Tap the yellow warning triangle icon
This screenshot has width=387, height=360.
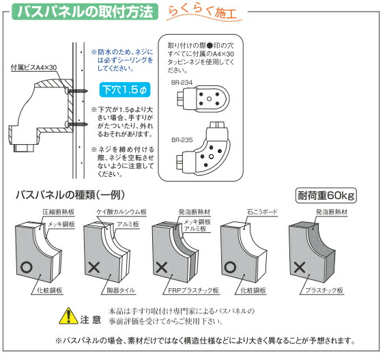point(68,317)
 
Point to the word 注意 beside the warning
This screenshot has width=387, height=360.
point(91,318)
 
